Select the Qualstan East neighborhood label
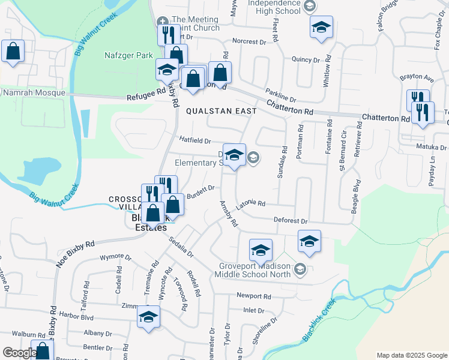(221, 111)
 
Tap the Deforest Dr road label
(291, 221)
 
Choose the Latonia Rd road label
(250, 204)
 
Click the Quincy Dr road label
(306, 59)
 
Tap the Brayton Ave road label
(417, 78)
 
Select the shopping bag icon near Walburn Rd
(43, 351)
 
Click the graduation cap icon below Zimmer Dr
(148, 317)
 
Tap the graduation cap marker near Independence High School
(321, 28)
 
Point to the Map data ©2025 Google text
(411, 355)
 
